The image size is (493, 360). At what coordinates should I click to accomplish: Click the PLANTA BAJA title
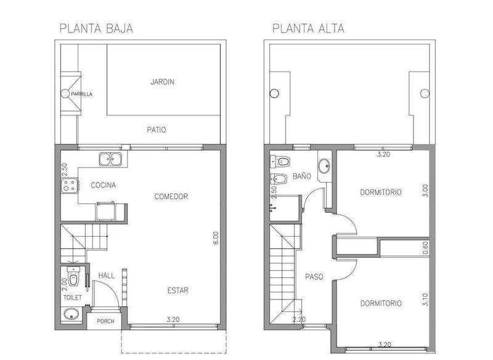coord(96,28)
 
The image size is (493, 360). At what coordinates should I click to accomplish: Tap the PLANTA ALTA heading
coord(308,28)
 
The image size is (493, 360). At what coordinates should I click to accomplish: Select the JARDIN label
coord(162,82)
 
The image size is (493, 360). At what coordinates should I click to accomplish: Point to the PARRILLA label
coord(81,94)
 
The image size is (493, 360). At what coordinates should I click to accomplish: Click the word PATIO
coord(157,129)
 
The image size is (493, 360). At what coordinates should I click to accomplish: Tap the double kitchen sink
coord(110,159)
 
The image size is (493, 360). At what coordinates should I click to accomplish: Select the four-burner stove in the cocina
coord(70,185)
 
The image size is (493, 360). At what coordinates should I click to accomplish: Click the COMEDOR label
coord(171,197)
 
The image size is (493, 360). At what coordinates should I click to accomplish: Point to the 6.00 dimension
coord(216,238)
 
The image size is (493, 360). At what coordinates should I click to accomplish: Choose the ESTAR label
coord(177,290)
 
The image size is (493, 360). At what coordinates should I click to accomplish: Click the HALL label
coord(107,276)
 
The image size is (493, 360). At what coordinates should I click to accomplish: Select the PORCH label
coord(105,321)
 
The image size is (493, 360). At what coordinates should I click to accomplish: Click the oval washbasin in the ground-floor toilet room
coord(71,314)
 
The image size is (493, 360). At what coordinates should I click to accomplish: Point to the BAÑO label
coord(301,176)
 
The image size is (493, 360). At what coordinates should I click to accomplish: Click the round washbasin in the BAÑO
coord(324,166)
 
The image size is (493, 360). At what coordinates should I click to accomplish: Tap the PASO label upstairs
coord(314,277)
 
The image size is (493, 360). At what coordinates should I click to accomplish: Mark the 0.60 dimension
coord(425,248)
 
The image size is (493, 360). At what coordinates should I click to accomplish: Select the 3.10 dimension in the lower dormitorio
coord(425,300)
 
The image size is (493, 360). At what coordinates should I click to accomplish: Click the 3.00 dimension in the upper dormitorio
coord(425,190)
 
